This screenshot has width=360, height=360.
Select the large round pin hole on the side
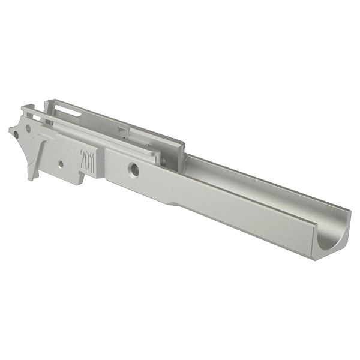134,169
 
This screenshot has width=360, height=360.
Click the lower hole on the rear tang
16,134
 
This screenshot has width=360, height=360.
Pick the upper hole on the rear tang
28,128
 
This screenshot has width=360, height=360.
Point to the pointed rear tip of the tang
9,130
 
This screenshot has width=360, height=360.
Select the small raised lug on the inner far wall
124,131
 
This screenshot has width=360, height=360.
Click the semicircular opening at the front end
331,236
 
